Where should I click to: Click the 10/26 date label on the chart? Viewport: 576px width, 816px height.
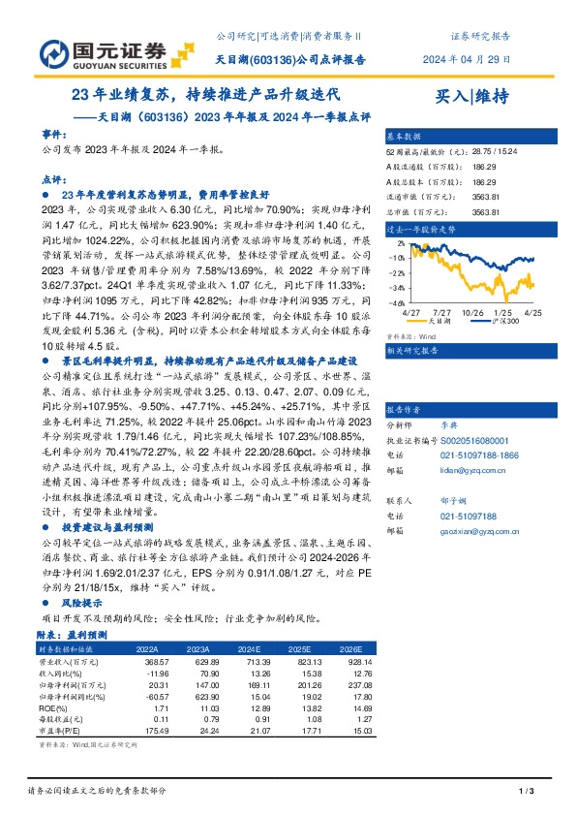click(x=473, y=314)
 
